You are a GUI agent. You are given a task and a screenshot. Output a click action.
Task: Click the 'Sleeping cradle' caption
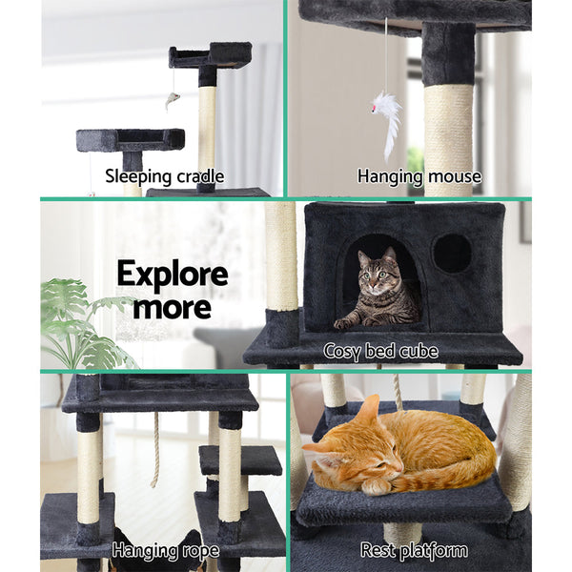tap(165, 175)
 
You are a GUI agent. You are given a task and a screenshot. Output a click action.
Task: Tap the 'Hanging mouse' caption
tap(419, 175)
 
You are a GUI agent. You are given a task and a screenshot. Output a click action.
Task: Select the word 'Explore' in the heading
tap(173, 276)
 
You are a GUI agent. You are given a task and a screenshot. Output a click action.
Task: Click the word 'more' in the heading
tap(173, 307)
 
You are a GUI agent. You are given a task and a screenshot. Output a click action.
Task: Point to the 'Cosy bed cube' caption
tap(380, 352)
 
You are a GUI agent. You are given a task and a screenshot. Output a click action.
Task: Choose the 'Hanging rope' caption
tap(165, 550)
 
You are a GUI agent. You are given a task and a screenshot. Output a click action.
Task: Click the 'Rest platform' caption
tap(414, 550)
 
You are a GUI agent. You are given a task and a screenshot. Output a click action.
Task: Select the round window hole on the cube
tap(452, 253)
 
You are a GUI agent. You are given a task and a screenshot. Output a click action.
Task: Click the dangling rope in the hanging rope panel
tap(155, 448)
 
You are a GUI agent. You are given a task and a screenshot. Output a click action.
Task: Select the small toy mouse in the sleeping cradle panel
tap(172, 99)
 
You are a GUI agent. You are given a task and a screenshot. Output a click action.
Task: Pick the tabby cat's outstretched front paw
tap(349, 322)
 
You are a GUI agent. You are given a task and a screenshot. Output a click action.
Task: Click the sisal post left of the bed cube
tap(281, 257)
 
